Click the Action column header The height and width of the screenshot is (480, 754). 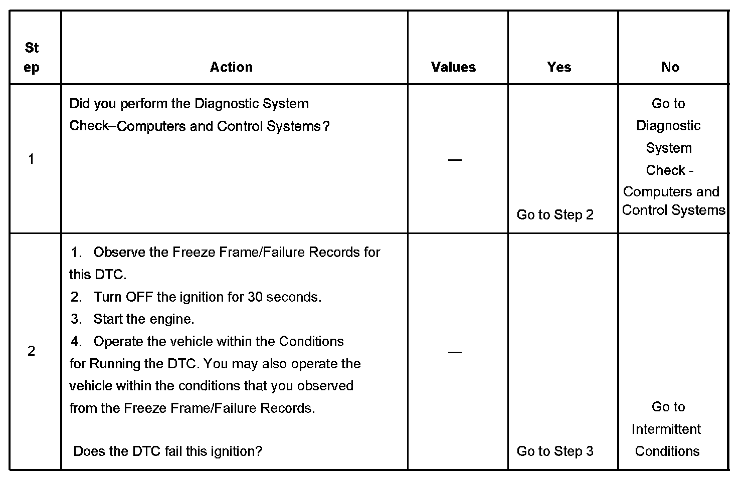231,67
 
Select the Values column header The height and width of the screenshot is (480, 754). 453,67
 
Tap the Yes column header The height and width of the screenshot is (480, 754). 559,67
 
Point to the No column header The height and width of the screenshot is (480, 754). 670,67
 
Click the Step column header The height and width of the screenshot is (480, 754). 32,58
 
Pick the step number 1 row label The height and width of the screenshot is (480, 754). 32,159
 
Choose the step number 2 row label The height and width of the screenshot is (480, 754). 32,351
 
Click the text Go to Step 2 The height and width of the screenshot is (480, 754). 555,215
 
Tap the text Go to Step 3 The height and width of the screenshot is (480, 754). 555,451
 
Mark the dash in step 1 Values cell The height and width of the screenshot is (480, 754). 455,160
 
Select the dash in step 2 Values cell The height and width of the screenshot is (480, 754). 455,352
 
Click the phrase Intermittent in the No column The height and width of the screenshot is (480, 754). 666,429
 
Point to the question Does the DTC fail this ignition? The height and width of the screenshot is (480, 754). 167,451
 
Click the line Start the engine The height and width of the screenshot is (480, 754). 143,319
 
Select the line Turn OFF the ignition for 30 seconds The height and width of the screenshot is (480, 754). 207,297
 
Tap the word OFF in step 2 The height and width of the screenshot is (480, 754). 139,297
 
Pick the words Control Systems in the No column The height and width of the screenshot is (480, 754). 673,210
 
